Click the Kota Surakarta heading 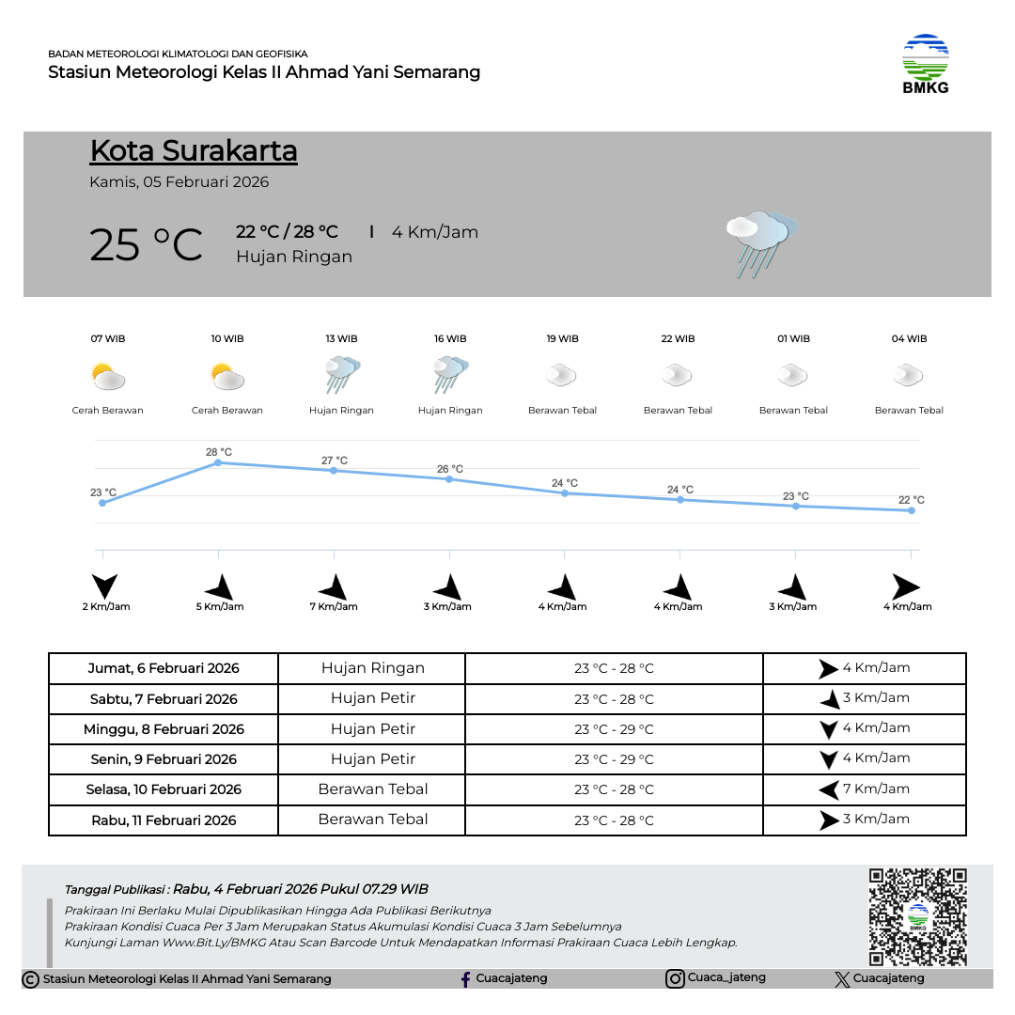pyautogui.click(x=194, y=150)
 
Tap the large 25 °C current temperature pyautogui.click(x=146, y=244)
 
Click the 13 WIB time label pyautogui.click(x=341, y=338)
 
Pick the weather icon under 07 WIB pyautogui.click(x=108, y=377)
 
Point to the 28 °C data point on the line pyautogui.click(x=218, y=462)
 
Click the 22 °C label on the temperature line pyautogui.click(x=911, y=500)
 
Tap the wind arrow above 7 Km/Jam pyautogui.click(x=334, y=588)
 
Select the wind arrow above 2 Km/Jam pyautogui.click(x=105, y=586)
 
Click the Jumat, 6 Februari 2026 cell pyautogui.click(x=164, y=669)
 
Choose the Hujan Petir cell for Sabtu pyautogui.click(x=372, y=698)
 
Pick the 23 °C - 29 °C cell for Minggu pyautogui.click(x=614, y=729)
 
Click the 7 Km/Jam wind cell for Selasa pyautogui.click(x=864, y=789)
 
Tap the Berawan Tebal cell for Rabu pyautogui.click(x=372, y=820)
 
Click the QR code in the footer pyautogui.click(x=917, y=916)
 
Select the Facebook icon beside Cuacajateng pyautogui.click(x=465, y=979)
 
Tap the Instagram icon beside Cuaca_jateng pyautogui.click(x=675, y=978)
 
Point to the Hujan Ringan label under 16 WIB pyautogui.click(x=450, y=411)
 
